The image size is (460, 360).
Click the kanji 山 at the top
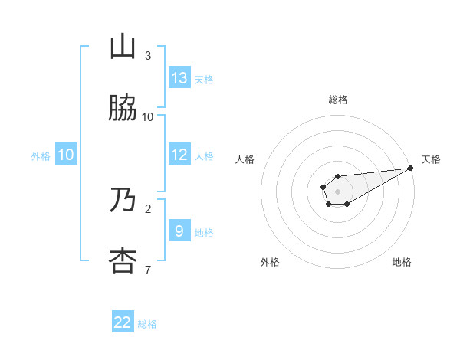click(x=123, y=47)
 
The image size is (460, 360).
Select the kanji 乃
click(x=123, y=200)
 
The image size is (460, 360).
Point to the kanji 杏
click(x=123, y=261)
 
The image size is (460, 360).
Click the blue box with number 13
click(x=179, y=77)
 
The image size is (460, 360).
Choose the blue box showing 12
click(x=179, y=155)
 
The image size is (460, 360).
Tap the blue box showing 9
click(x=179, y=231)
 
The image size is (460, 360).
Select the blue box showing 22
click(x=123, y=322)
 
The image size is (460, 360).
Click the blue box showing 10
click(x=66, y=155)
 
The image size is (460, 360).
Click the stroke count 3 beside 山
click(x=148, y=56)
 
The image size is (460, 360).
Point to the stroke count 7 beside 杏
click(x=148, y=270)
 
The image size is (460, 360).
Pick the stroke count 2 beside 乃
click(x=148, y=208)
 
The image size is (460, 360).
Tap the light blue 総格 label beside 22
click(x=147, y=324)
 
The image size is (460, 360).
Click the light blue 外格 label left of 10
click(x=41, y=156)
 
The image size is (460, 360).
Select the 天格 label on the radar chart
click(x=431, y=159)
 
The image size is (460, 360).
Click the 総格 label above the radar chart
click(x=338, y=100)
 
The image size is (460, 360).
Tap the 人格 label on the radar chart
click(x=245, y=159)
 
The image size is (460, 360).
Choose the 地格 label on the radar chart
click(x=402, y=262)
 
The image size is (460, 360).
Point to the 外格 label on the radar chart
click(x=271, y=262)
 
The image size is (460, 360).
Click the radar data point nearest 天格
click(x=410, y=169)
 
